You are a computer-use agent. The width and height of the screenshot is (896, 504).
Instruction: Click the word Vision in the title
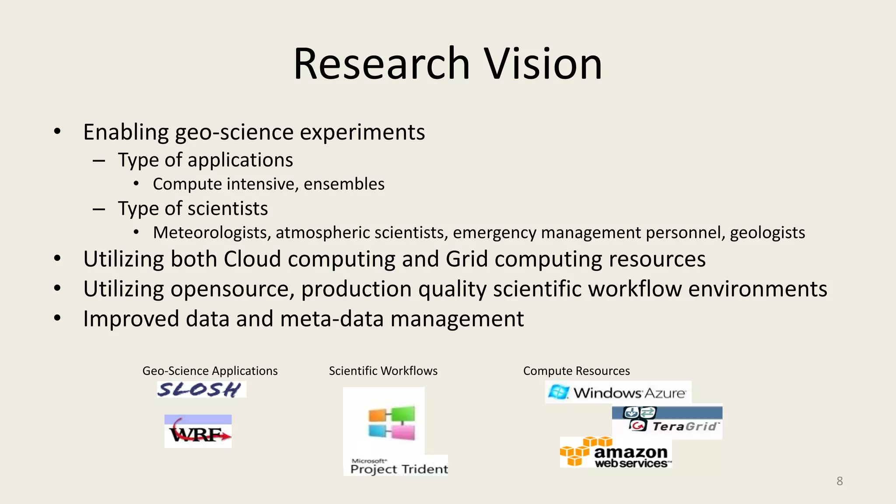coord(542,64)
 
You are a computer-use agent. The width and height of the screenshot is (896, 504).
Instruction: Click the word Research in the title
coord(381,64)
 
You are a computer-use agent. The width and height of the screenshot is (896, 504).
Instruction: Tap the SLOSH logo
coord(201,389)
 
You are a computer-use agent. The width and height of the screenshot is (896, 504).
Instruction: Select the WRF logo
coord(198,431)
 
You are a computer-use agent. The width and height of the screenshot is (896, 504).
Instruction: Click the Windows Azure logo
coord(618,392)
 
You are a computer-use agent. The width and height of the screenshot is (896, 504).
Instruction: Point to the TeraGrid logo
coord(667,422)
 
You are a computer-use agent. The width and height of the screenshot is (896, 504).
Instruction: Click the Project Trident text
coord(399,469)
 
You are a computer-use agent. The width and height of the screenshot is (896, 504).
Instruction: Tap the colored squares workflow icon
coord(391,423)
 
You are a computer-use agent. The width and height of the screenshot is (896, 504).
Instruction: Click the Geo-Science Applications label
coord(210,371)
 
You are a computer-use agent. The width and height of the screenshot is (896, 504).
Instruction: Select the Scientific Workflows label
coord(383,371)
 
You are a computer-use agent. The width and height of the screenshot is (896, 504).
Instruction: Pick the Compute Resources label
coord(576,371)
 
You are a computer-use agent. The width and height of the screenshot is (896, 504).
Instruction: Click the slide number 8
coord(839,481)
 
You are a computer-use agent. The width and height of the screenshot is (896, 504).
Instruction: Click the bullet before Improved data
coord(57,318)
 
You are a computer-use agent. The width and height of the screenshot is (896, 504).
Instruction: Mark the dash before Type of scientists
coord(99,209)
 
